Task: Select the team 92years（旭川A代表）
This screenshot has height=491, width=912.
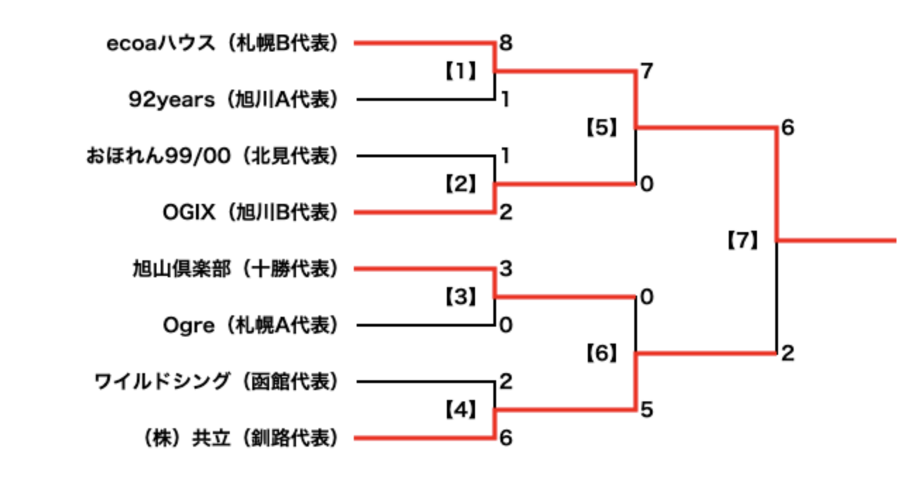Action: [x=233, y=100]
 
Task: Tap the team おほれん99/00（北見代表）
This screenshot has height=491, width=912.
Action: [x=211, y=156]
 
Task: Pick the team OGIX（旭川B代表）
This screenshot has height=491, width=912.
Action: [x=249, y=212]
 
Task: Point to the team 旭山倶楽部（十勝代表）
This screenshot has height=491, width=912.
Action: [x=235, y=269]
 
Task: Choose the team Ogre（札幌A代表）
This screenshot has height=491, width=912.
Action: [x=250, y=325]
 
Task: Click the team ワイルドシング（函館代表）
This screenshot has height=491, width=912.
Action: [x=216, y=382]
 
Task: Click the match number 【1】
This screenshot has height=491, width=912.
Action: [x=460, y=71]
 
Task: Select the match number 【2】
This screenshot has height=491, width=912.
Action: [x=460, y=184]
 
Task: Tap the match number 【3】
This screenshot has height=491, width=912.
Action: [x=460, y=297]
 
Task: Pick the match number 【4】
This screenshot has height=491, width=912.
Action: [x=460, y=409]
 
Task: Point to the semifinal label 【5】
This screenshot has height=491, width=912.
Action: [x=601, y=128]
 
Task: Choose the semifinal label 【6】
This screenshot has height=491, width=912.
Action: [x=601, y=353]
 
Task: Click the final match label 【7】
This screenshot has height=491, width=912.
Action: [x=742, y=241]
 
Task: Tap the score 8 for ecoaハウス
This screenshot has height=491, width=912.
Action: [x=505, y=43]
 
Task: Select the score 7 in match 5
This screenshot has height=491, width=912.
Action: [x=646, y=71]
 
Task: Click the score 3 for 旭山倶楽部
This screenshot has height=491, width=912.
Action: [x=505, y=269]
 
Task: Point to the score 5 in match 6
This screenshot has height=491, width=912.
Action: [x=646, y=409]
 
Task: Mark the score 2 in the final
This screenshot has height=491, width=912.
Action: [x=787, y=353]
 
